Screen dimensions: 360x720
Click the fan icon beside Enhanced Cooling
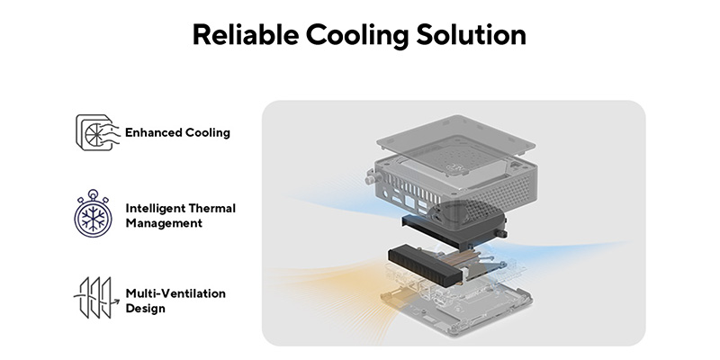coord(94,132)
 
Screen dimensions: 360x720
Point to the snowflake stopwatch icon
coord(94,214)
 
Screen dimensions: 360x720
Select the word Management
coord(165,223)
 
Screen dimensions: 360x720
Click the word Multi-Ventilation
coord(175,293)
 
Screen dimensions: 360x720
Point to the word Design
coord(145,309)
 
